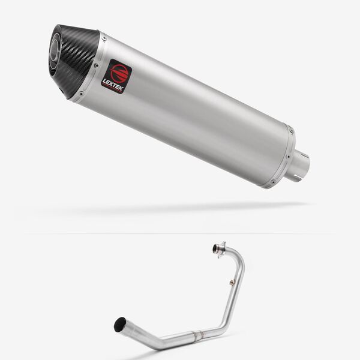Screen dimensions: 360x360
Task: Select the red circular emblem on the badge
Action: coord(119,71)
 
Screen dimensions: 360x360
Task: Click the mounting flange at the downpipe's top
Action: coord(220,248)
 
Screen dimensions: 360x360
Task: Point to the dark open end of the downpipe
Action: coord(120,325)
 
